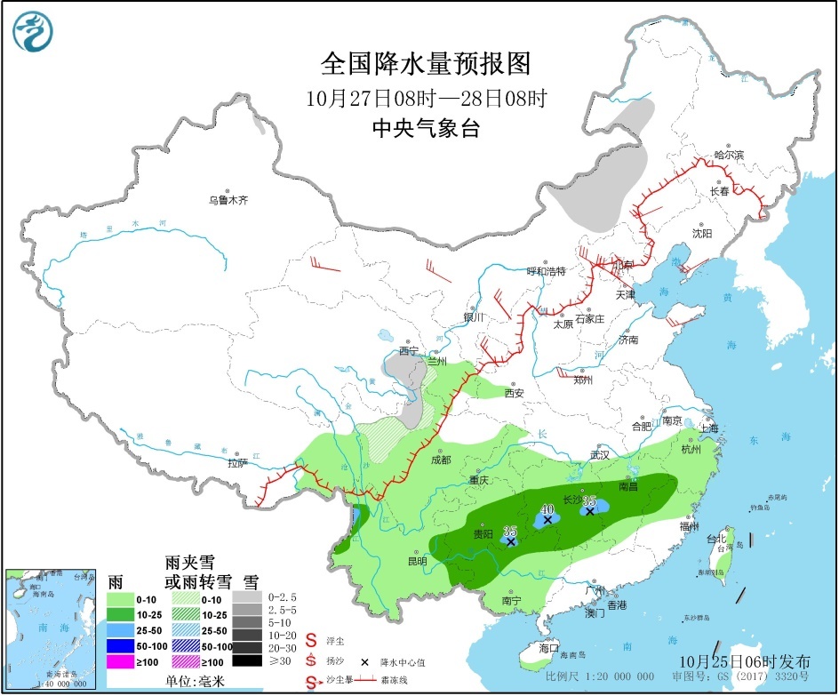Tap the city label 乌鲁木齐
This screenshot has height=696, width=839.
pyautogui.click(x=228, y=201)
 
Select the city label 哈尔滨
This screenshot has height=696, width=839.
pyautogui.click(x=729, y=155)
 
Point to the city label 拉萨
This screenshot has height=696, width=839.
pyautogui.click(x=237, y=463)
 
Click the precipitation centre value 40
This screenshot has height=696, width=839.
pyautogui.click(x=547, y=509)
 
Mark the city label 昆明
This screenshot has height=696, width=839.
pyautogui.click(x=416, y=561)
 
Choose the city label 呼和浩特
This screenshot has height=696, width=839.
pyautogui.click(x=546, y=270)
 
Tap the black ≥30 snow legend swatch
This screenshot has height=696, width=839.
pyautogui.click(x=248, y=660)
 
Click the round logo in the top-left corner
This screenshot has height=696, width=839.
pyautogui.click(x=33, y=32)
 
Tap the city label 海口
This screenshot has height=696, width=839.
pyautogui.click(x=548, y=648)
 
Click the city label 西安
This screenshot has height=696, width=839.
pyautogui.click(x=515, y=392)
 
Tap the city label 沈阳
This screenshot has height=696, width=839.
pyautogui.click(x=702, y=234)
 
